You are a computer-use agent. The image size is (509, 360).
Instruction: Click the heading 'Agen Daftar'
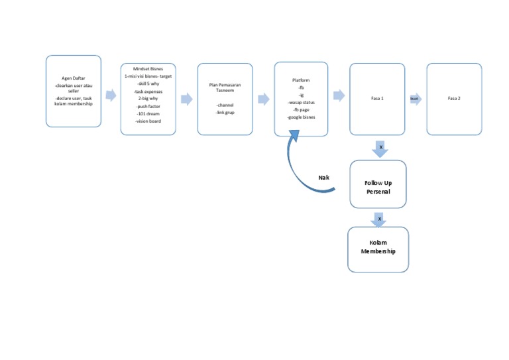pyautogui.click(x=73, y=78)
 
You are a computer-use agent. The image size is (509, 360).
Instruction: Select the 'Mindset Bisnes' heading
pyautogui.click(x=148, y=69)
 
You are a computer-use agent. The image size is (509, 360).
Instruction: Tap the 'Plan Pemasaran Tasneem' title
pyautogui.click(x=225, y=88)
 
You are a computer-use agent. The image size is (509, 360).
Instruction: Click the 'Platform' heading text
pyautogui.click(x=301, y=80)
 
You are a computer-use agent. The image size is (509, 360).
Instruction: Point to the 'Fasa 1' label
pyautogui.click(x=377, y=98)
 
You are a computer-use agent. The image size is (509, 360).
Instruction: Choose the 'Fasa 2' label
pyautogui.click(x=454, y=98)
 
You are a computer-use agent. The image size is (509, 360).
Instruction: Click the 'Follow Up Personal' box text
pyautogui.click(x=378, y=187)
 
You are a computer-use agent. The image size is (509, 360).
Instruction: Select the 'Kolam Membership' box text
pyautogui.click(x=378, y=247)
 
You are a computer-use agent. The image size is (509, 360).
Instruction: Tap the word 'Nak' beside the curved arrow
pyautogui.click(x=323, y=178)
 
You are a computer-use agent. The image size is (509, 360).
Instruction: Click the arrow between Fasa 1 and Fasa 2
pyautogui.click(x=416, y=98)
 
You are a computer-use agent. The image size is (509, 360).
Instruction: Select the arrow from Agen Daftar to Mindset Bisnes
pyautogui.click(x=111, y=95)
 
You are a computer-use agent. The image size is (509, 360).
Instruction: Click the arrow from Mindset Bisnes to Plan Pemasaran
pyautogui.click(x=187, y=99)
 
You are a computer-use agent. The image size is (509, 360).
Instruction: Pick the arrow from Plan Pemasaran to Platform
pyautogui.click(x=264, y=99)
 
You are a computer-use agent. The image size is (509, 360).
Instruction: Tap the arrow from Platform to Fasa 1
pyautogui.click(x=339, y=95)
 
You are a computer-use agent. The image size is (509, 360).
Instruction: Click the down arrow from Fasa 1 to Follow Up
pyautogui.click(x=380, y=149)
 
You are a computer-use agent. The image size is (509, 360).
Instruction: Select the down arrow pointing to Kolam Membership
pyautogui.click(x=379, y=219)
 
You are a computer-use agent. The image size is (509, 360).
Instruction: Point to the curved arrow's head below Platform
pyautogui.click(x=294, y=135)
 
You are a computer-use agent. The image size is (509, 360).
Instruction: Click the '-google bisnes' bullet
pyautogui.click(x=301, y=117)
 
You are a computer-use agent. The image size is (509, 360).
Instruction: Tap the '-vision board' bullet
pyautogui.click(x=148, y=121)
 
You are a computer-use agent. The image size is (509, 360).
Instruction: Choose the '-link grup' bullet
pyautogui.click(x=225, y=113)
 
